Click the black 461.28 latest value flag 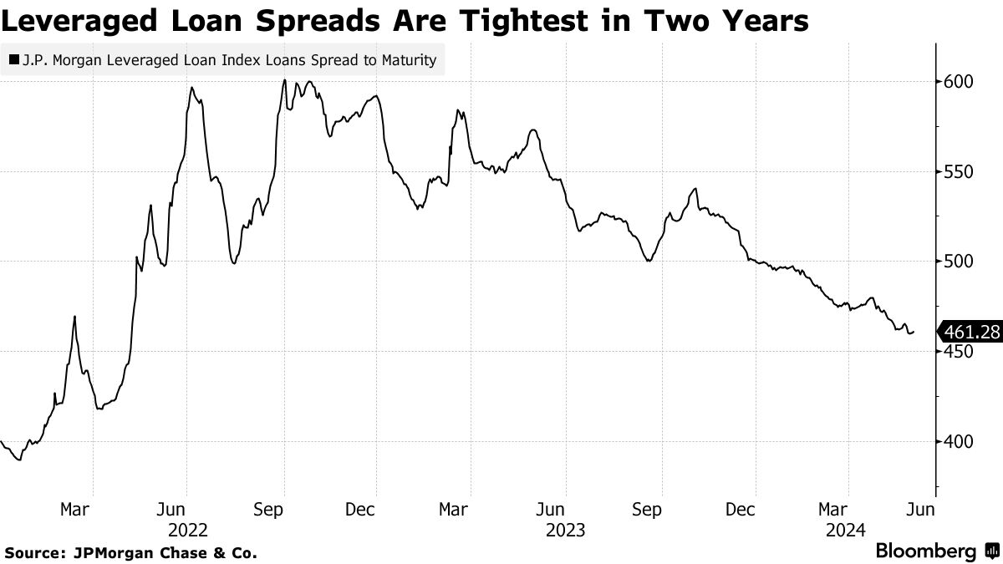(x=970, y=333)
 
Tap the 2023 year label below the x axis (x=565, y=530)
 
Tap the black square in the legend (x=14, y=60)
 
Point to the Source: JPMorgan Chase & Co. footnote (x=130, y=552)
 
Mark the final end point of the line (x=914, y=332)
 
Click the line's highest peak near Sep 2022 (x=285, y=80)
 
